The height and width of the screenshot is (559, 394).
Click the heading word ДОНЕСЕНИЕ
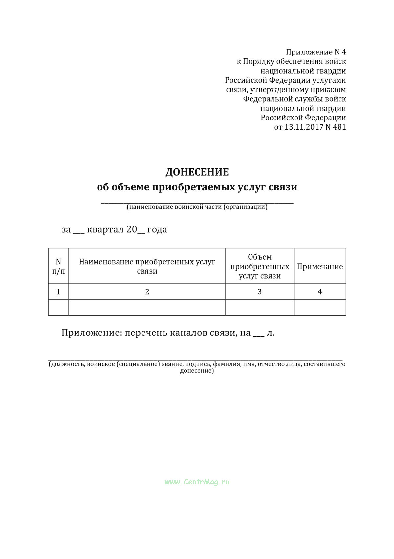click(197, 172)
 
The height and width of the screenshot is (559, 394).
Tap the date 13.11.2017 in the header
click(304, 127)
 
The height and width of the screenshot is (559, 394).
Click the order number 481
click(339, 127)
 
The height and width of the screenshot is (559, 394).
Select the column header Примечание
click(320, 266)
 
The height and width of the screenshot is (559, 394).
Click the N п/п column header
click(58, 266)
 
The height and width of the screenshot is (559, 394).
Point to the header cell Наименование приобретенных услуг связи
click(147, 266)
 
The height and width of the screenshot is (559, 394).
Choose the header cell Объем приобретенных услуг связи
click(260, 266)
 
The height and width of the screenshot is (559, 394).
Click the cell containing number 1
click(58, 291)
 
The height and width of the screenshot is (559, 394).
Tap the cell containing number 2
click(147, 291)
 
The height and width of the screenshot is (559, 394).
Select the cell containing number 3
click(260, 291)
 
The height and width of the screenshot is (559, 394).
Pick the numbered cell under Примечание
click(320, 291)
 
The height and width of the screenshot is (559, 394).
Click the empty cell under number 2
click(147, 307)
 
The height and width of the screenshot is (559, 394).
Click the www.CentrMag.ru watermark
click(197, 482)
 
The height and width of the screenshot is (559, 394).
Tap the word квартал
click(105, 229)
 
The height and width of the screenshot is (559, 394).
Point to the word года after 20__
click(157, 230)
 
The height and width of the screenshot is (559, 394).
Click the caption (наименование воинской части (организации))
click(197, 207)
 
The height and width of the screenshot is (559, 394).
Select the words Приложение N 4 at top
click(316, 52)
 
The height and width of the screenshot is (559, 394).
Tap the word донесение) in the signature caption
click(197, 371)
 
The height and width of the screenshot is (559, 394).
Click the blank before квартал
click(79, 231)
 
